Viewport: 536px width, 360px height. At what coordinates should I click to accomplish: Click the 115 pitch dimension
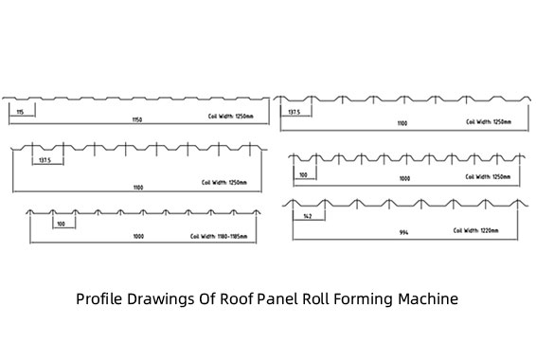coord(20,112)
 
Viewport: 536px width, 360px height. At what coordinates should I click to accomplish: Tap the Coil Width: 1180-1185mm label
coord(221,236)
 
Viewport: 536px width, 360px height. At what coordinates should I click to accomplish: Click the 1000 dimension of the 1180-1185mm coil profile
coord(139,236)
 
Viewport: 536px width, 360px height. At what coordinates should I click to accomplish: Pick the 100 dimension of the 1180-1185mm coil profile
coord(61,224)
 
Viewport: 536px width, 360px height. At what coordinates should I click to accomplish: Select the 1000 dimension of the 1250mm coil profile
coord(404,178)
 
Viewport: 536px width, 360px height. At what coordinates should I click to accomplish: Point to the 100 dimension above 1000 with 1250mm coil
coord(304,174)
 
